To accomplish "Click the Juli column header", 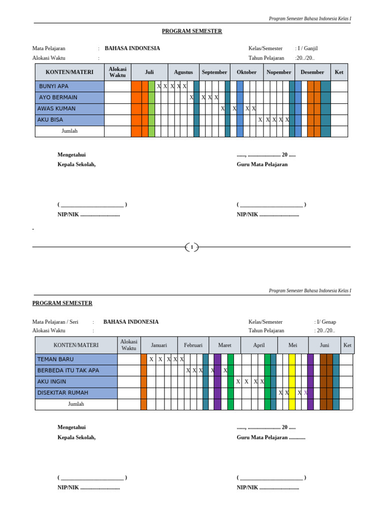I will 149,72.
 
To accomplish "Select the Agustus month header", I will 183,72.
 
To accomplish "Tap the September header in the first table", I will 214,72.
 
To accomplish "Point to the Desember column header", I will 312,72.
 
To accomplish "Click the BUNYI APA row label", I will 54,86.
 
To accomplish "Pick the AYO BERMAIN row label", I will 58,97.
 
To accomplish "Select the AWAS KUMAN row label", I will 56,108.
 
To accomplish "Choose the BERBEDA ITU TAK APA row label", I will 68,370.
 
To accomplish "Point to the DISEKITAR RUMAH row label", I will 62,393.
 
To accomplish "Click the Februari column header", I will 193,345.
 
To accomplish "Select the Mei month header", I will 293,345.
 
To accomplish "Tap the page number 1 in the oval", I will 192,247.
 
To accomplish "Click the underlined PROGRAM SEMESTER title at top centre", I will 192,31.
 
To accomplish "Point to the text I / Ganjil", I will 307,49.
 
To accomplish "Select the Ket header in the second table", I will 347,345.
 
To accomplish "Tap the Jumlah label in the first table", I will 69,131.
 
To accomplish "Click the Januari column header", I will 159,345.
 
